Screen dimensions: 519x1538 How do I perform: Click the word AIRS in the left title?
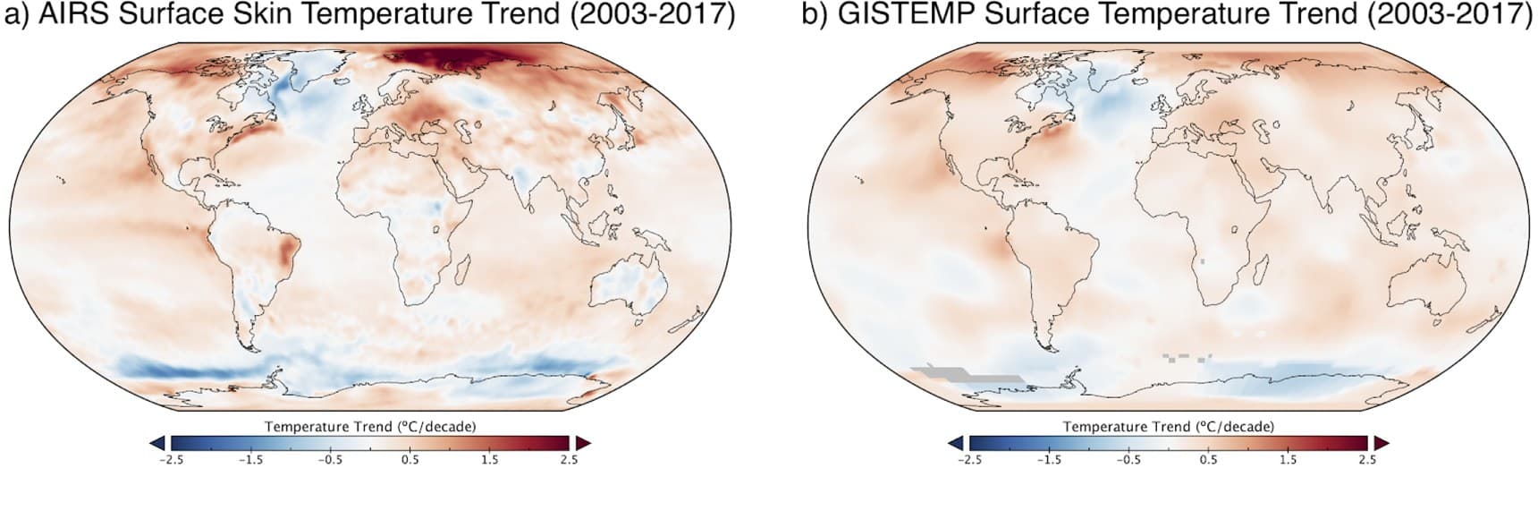[x=69, y=15]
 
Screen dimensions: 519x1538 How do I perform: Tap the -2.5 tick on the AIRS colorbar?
[x=170, y=460]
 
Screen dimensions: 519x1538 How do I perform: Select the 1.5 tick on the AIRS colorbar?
[x=489, y=460]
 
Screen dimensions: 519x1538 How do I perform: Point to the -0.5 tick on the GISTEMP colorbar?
[x=1128, y=460]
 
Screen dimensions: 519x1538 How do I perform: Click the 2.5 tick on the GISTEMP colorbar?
[x=1367, y=460]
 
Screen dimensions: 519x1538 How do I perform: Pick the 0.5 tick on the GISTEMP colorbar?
[x=1208, y=460]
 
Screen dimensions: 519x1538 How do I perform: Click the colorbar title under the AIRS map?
[x=369, y=426]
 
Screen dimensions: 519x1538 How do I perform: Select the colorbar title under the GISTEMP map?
[x=1168, y=426]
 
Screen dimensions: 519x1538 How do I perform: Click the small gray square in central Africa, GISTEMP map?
[x=1203, y=260]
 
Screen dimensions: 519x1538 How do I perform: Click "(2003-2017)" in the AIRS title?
[x=642, y=15]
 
